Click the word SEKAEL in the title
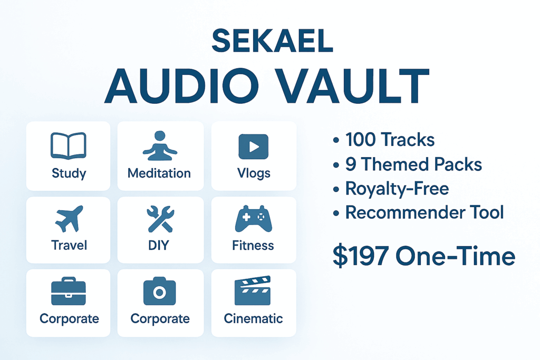click(x=272, y=41)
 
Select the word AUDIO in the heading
click(x=182, y=86)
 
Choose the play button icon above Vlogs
click(x=254, y=147)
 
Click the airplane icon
click(x=69, y=219)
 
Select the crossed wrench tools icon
click(x=160, y=219)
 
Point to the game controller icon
click(x=254, y=219)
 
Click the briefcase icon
click(x=68, y=291)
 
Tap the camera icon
click(x=159, y=291)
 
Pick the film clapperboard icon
click(x=253, y=290)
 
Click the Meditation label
click(x=159, y=173)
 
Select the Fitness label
click(x=253, y=246)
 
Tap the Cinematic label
click(x=253, y=318)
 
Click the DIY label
click(x=159, y=246)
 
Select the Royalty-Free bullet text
click(x=397, y=189)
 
